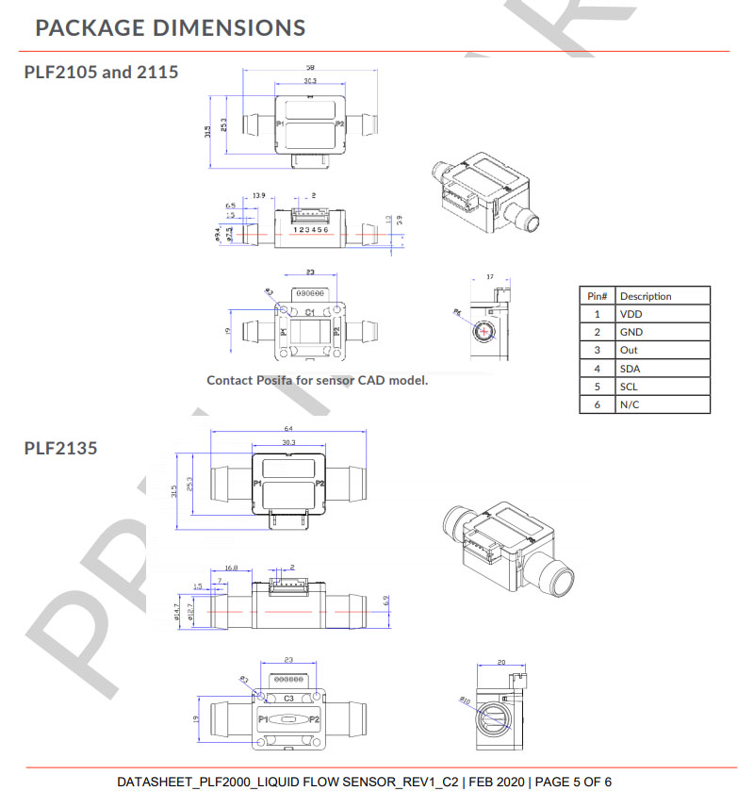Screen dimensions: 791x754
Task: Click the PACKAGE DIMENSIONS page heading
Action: point(170,26)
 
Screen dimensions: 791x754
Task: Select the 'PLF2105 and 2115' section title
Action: point(101,72)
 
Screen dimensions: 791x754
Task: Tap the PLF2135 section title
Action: point(60,448)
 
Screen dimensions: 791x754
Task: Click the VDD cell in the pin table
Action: point(630,314)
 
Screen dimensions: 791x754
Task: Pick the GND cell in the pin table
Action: point(631,332)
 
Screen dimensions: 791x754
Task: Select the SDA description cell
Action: point(630,369)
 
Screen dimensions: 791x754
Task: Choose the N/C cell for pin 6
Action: point(630,404)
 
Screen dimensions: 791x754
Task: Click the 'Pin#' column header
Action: point(597,296)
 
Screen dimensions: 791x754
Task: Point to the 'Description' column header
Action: point(646,296)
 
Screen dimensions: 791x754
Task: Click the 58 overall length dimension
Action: point(309,69)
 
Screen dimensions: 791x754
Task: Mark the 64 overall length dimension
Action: point(287,429)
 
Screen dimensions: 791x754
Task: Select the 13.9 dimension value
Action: point(258,195)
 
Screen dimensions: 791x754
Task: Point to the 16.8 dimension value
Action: point(231,569)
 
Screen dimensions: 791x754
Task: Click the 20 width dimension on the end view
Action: point(500,663)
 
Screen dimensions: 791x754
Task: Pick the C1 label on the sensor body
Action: point(309,310)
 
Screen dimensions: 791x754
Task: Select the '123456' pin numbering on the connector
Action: point(311,229)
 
